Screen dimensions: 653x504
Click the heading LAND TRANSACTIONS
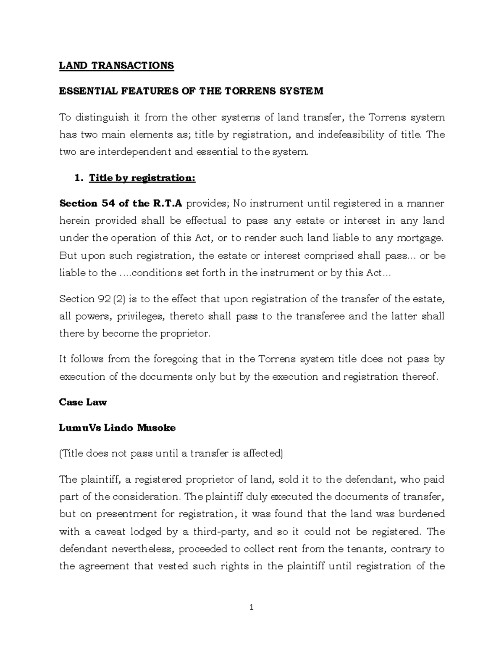(116, 66)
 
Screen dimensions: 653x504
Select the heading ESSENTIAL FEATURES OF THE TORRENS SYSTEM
(191, 91)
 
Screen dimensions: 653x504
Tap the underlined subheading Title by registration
(142, 178)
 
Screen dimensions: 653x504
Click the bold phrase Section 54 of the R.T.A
(121, 204)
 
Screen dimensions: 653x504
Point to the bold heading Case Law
(83, 402)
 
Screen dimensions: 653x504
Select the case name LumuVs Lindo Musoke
(117, 428)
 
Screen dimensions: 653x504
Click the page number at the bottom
(252, 607)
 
